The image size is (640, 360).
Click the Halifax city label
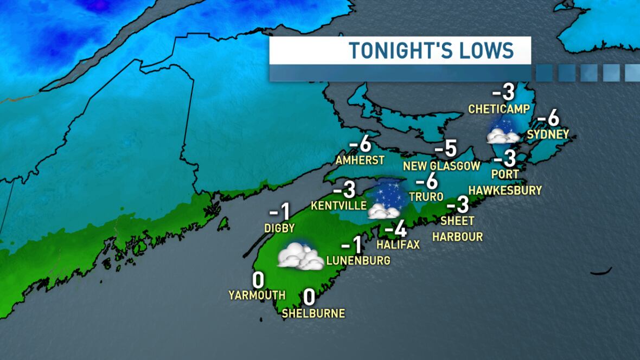(x=398, y=245)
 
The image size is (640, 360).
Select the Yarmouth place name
(x=257, y=295)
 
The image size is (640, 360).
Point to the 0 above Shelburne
(x=309, y=297)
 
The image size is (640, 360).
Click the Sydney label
(x=548, y=134)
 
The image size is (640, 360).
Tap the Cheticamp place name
(x=498, y=110)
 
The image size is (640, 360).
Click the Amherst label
(x=360, y=160)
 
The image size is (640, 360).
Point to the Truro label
(x=427, y=196)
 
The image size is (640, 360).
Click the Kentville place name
(x=339, y=207)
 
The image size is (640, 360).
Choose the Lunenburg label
(x=358, y=261)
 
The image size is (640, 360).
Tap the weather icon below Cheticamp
(x=503, y=131)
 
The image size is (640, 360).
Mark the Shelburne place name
(x=313, y=313)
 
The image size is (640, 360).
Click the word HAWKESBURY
(x=505, y=190)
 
